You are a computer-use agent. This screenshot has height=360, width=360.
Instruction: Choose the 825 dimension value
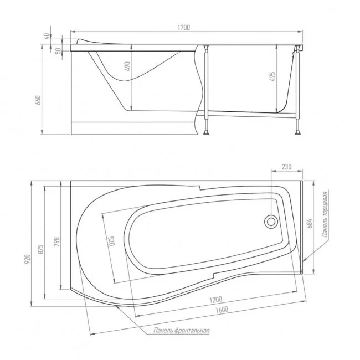click(x=41, y=250)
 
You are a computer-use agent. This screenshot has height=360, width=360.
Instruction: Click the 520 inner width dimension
click(x=111, y=243)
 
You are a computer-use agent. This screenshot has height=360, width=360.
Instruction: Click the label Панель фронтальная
click(x=182, y=331)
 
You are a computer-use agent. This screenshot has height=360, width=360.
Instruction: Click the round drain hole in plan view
click(x=271, y=222)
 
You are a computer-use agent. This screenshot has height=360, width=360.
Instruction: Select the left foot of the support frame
click(x=207, y=132)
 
